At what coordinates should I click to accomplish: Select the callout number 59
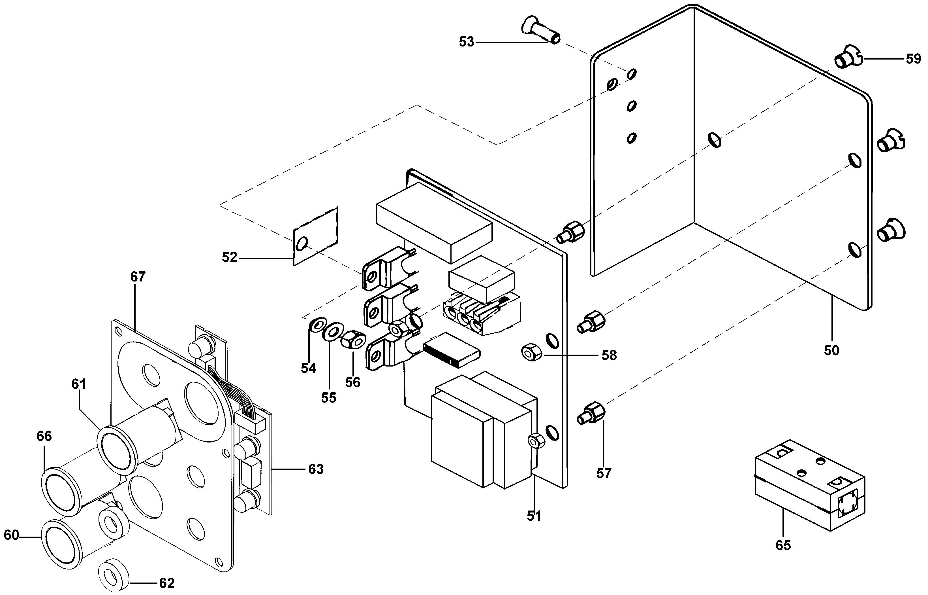coord(913,59)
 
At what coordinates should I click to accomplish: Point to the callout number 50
coord(831,350)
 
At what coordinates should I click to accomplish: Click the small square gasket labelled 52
coord(315,236)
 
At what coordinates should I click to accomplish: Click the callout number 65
coord(783,545)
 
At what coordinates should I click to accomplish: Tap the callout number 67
coord(138,277)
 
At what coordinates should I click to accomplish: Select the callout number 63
coord(316,469)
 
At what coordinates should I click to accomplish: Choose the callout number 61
coord(79,384)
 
